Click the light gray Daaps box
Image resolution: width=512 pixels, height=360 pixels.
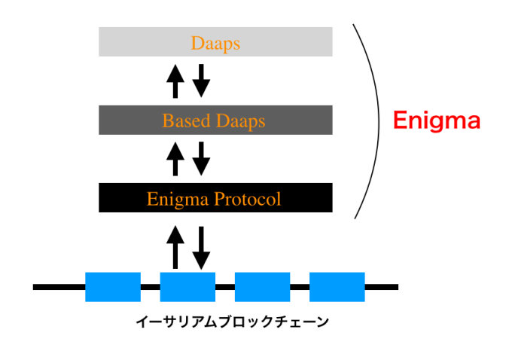215,42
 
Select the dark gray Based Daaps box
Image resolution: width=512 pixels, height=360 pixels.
215,120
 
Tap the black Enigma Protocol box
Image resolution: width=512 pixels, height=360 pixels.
215,199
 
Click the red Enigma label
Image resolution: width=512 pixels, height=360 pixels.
437,121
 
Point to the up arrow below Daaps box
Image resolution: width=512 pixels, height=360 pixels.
175,81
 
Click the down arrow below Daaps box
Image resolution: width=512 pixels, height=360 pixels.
201,81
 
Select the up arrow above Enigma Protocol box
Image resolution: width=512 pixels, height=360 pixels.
175,159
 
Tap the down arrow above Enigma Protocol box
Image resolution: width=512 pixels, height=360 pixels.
201,159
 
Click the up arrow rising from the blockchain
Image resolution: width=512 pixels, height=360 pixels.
175,246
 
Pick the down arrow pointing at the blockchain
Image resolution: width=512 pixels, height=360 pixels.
201,246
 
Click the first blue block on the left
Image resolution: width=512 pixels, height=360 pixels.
113,287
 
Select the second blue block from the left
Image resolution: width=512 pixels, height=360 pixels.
187,287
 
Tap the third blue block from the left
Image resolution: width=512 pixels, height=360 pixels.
262,287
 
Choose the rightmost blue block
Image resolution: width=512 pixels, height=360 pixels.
337,287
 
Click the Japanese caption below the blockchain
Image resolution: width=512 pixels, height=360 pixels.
232,322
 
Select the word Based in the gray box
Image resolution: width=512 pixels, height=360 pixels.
179,120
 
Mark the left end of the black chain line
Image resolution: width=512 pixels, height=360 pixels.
36,287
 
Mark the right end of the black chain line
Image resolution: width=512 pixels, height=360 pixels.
395,287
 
